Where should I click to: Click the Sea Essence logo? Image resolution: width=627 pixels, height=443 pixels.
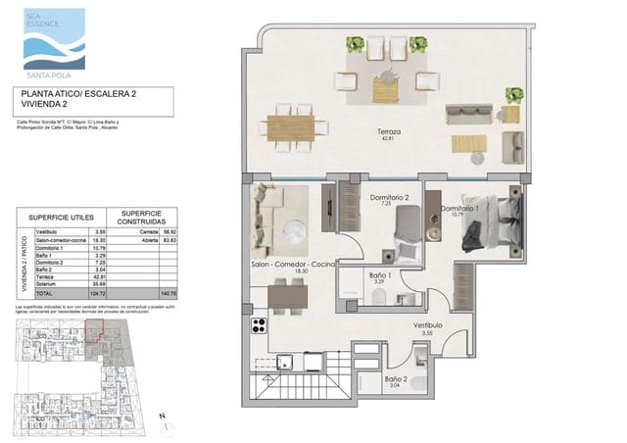(54, 39)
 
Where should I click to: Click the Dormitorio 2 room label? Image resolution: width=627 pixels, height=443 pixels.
(389, 199)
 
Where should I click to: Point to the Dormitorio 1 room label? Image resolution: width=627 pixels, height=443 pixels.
(458, 210)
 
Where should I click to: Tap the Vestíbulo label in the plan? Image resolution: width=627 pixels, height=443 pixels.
(427, 325)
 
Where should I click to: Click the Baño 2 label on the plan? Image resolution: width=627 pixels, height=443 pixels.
(395, 379)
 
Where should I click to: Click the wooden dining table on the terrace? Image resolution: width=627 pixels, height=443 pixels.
(290, 128)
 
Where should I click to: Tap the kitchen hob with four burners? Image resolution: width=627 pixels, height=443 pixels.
(261, 326)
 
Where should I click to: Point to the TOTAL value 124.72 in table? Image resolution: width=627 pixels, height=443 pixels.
(98, 293)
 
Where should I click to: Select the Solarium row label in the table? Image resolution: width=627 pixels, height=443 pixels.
(46, 284)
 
